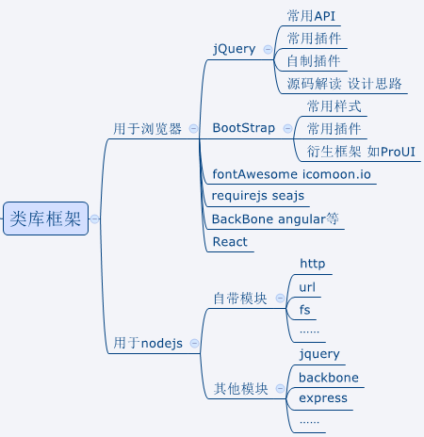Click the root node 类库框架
click(45, 218)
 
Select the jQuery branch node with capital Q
click(235, 49)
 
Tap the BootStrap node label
click(242, 127)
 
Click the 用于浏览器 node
click(147, 128)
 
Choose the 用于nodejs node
click(148, 343)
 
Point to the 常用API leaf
click(311, 16)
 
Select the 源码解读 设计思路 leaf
click(346, 84)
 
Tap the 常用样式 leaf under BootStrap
click(334, 105)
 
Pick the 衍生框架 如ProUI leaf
click(362, 151)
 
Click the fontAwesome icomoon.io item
click(292, 174)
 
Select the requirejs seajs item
click(258, 196)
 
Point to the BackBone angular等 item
click(275, 218)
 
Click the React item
click(230, 242)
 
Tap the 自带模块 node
click(240, 298)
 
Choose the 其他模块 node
click(240, 388)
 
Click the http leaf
click(312, 263)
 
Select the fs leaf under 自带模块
click(305, 309)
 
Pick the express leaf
click(323, 398)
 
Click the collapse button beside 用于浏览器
click(193, 128)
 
